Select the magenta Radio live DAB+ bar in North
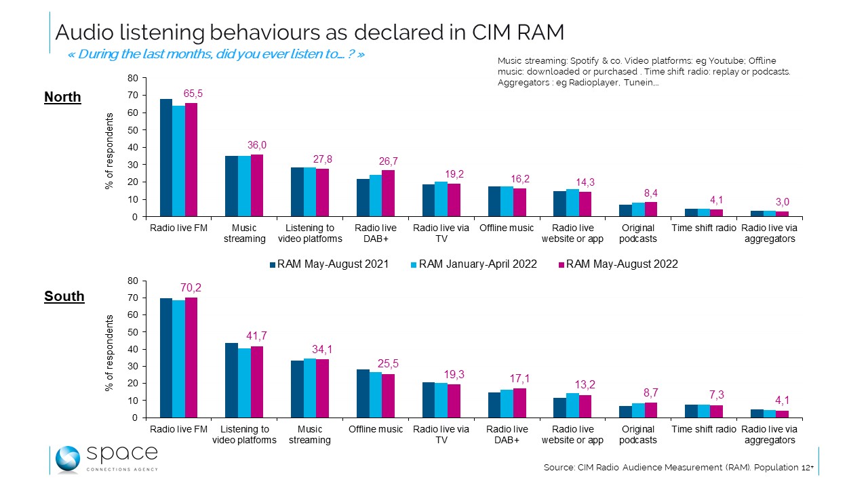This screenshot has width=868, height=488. click(x=388, y=193)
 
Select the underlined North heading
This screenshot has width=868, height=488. click(x=62, y=98)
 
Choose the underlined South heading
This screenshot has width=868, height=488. click(x=64, y=297)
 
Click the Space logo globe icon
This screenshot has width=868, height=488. click(x=68, y=459)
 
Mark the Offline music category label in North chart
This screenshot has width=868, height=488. click(x=507, y=228)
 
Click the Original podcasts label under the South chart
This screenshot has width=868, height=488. click(x=638, y=434)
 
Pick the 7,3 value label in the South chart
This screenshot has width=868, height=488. click(x=716, y=394)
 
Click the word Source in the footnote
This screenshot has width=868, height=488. click(x=559, y=468)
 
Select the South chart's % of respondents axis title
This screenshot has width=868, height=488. click(x=108, y=352)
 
